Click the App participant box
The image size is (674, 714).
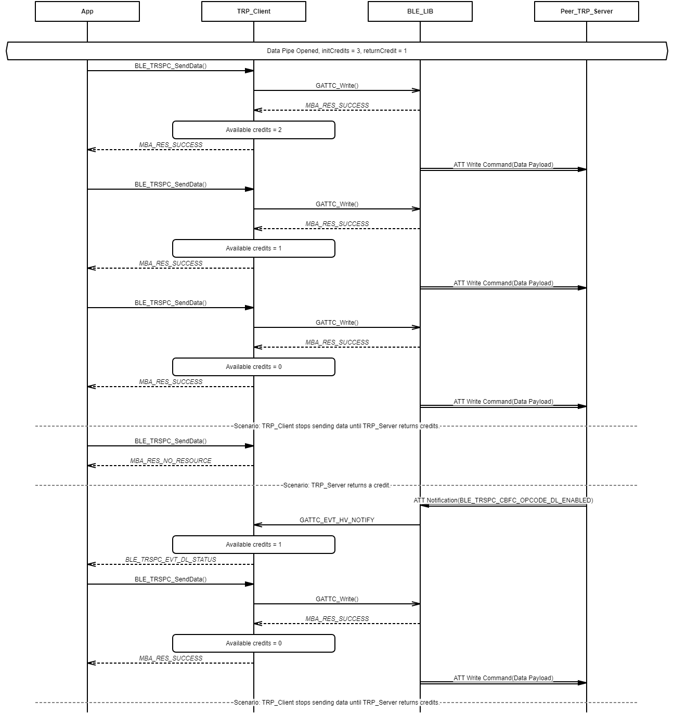[87, 11]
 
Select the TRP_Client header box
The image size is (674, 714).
[254, 11]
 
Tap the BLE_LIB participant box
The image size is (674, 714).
[420, 11]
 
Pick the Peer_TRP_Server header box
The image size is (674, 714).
[587, 11]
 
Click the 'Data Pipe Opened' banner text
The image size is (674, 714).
[336, 51]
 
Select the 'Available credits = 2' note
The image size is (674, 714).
[254, 130]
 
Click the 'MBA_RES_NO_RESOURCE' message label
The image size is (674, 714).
[171, 461]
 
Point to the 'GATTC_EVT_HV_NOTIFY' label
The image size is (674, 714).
[337, 520]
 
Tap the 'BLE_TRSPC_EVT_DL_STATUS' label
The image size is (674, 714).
[171, 560]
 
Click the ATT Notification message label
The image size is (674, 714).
[503, 500]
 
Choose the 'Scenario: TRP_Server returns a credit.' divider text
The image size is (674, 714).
[336, 485]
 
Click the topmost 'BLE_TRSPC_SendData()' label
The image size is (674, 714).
[171, 66]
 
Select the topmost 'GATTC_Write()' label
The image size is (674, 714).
[337, 86]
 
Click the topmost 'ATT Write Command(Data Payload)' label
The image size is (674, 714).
[503, 165]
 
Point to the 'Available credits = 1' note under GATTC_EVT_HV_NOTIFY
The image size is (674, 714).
[254, 545]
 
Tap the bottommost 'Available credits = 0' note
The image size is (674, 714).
[254, 643]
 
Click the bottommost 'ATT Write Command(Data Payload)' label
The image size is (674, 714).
[503, 678]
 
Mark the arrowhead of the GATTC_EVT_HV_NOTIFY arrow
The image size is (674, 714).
[257, 525]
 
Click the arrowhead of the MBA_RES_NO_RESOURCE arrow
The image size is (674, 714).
[91, 466]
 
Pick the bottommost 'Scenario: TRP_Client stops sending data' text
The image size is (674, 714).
[336, 703]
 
